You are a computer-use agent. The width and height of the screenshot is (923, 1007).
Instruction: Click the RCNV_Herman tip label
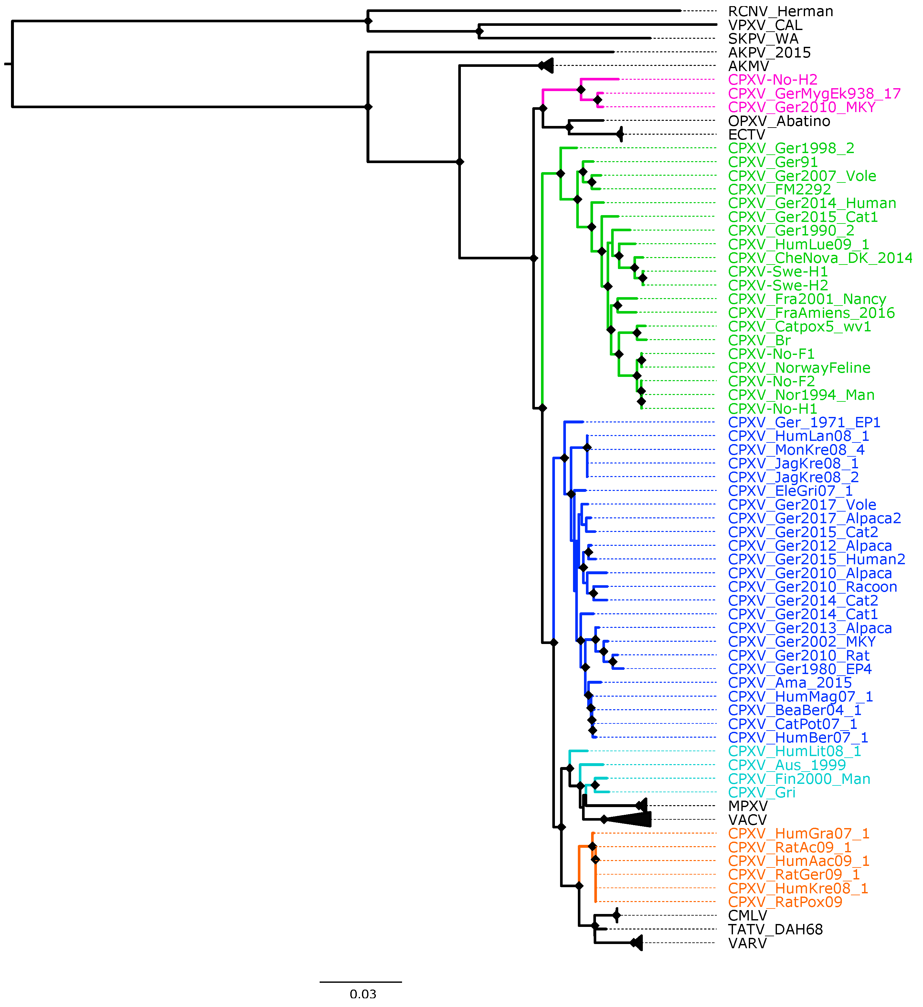[780, 12]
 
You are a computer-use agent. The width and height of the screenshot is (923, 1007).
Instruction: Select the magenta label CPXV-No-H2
[772, 80]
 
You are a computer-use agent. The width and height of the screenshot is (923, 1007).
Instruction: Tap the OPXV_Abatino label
[779, 121]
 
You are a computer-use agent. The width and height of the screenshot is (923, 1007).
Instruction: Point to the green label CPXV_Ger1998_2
[790, 148]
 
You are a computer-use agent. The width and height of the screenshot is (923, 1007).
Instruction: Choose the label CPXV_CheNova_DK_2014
[820, 258]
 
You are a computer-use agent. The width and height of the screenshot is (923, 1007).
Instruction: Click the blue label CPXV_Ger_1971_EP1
[803, 422]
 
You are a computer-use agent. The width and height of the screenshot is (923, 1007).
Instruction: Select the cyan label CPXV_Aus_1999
[787, 765]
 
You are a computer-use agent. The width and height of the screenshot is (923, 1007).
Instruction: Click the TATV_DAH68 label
[775, 929]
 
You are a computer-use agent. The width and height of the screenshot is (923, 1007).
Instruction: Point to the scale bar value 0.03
[363, 994]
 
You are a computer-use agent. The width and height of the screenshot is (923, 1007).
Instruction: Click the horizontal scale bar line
[361, 982]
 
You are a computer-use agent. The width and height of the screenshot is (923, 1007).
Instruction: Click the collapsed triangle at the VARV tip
[637, 943]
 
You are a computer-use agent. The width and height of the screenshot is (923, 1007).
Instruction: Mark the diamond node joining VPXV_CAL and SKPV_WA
[480, 31]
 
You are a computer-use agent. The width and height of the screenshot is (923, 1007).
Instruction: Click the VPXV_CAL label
[765, 25]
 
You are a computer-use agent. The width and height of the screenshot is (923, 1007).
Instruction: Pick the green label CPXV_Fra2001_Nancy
[807, 299]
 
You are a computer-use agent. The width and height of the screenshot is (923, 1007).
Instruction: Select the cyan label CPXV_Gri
[761, 793]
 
